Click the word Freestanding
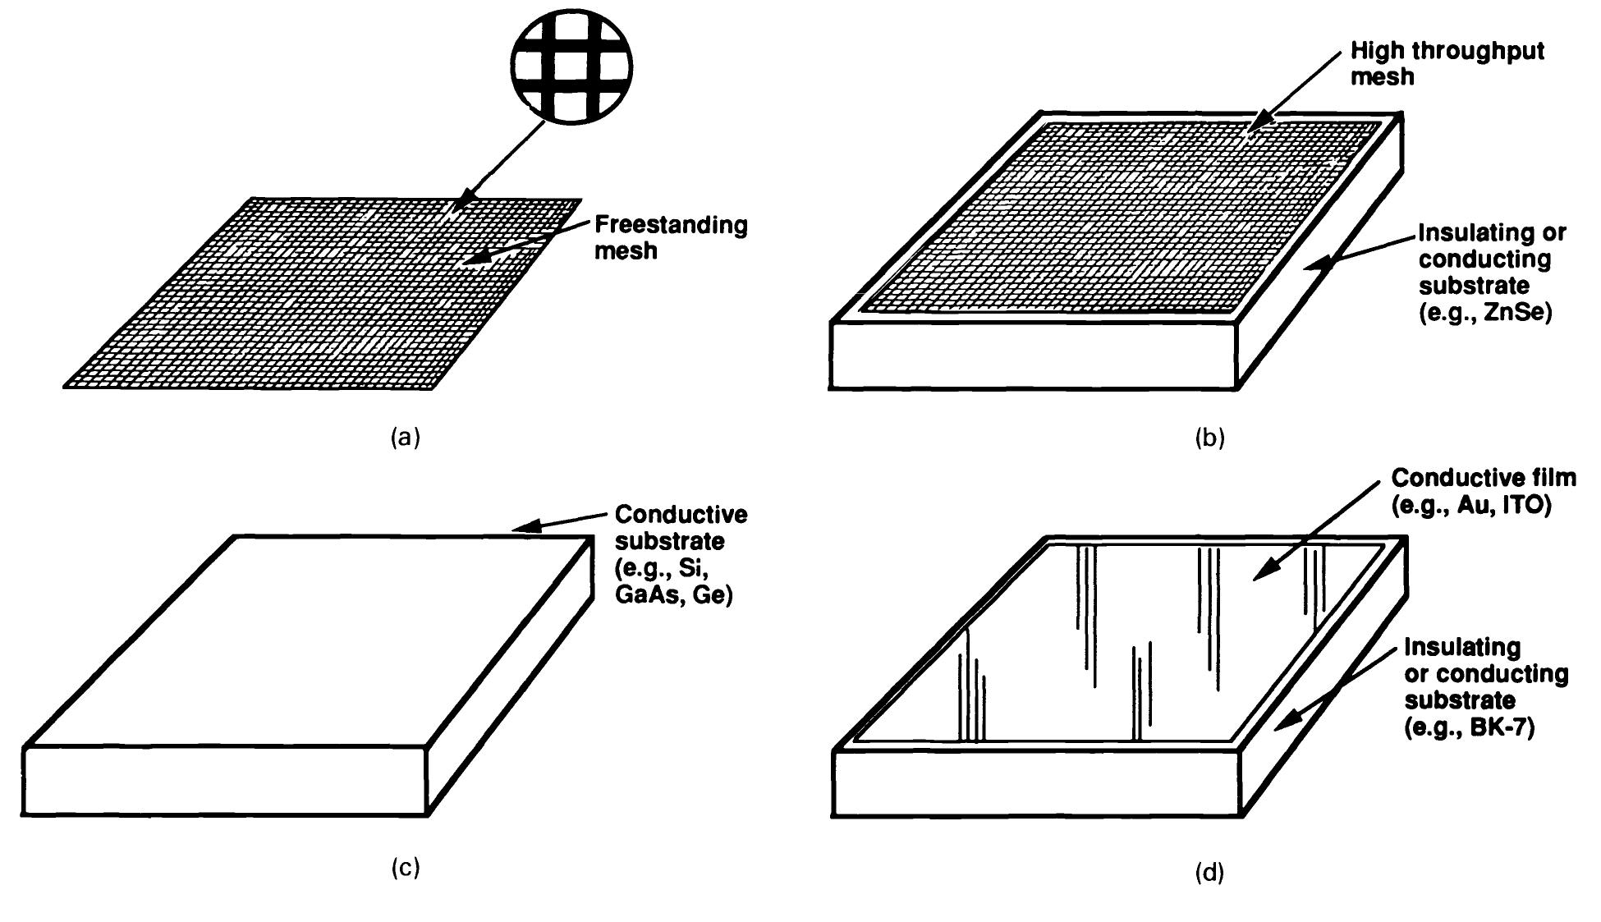(671, 225)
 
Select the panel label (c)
(404, 867)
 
